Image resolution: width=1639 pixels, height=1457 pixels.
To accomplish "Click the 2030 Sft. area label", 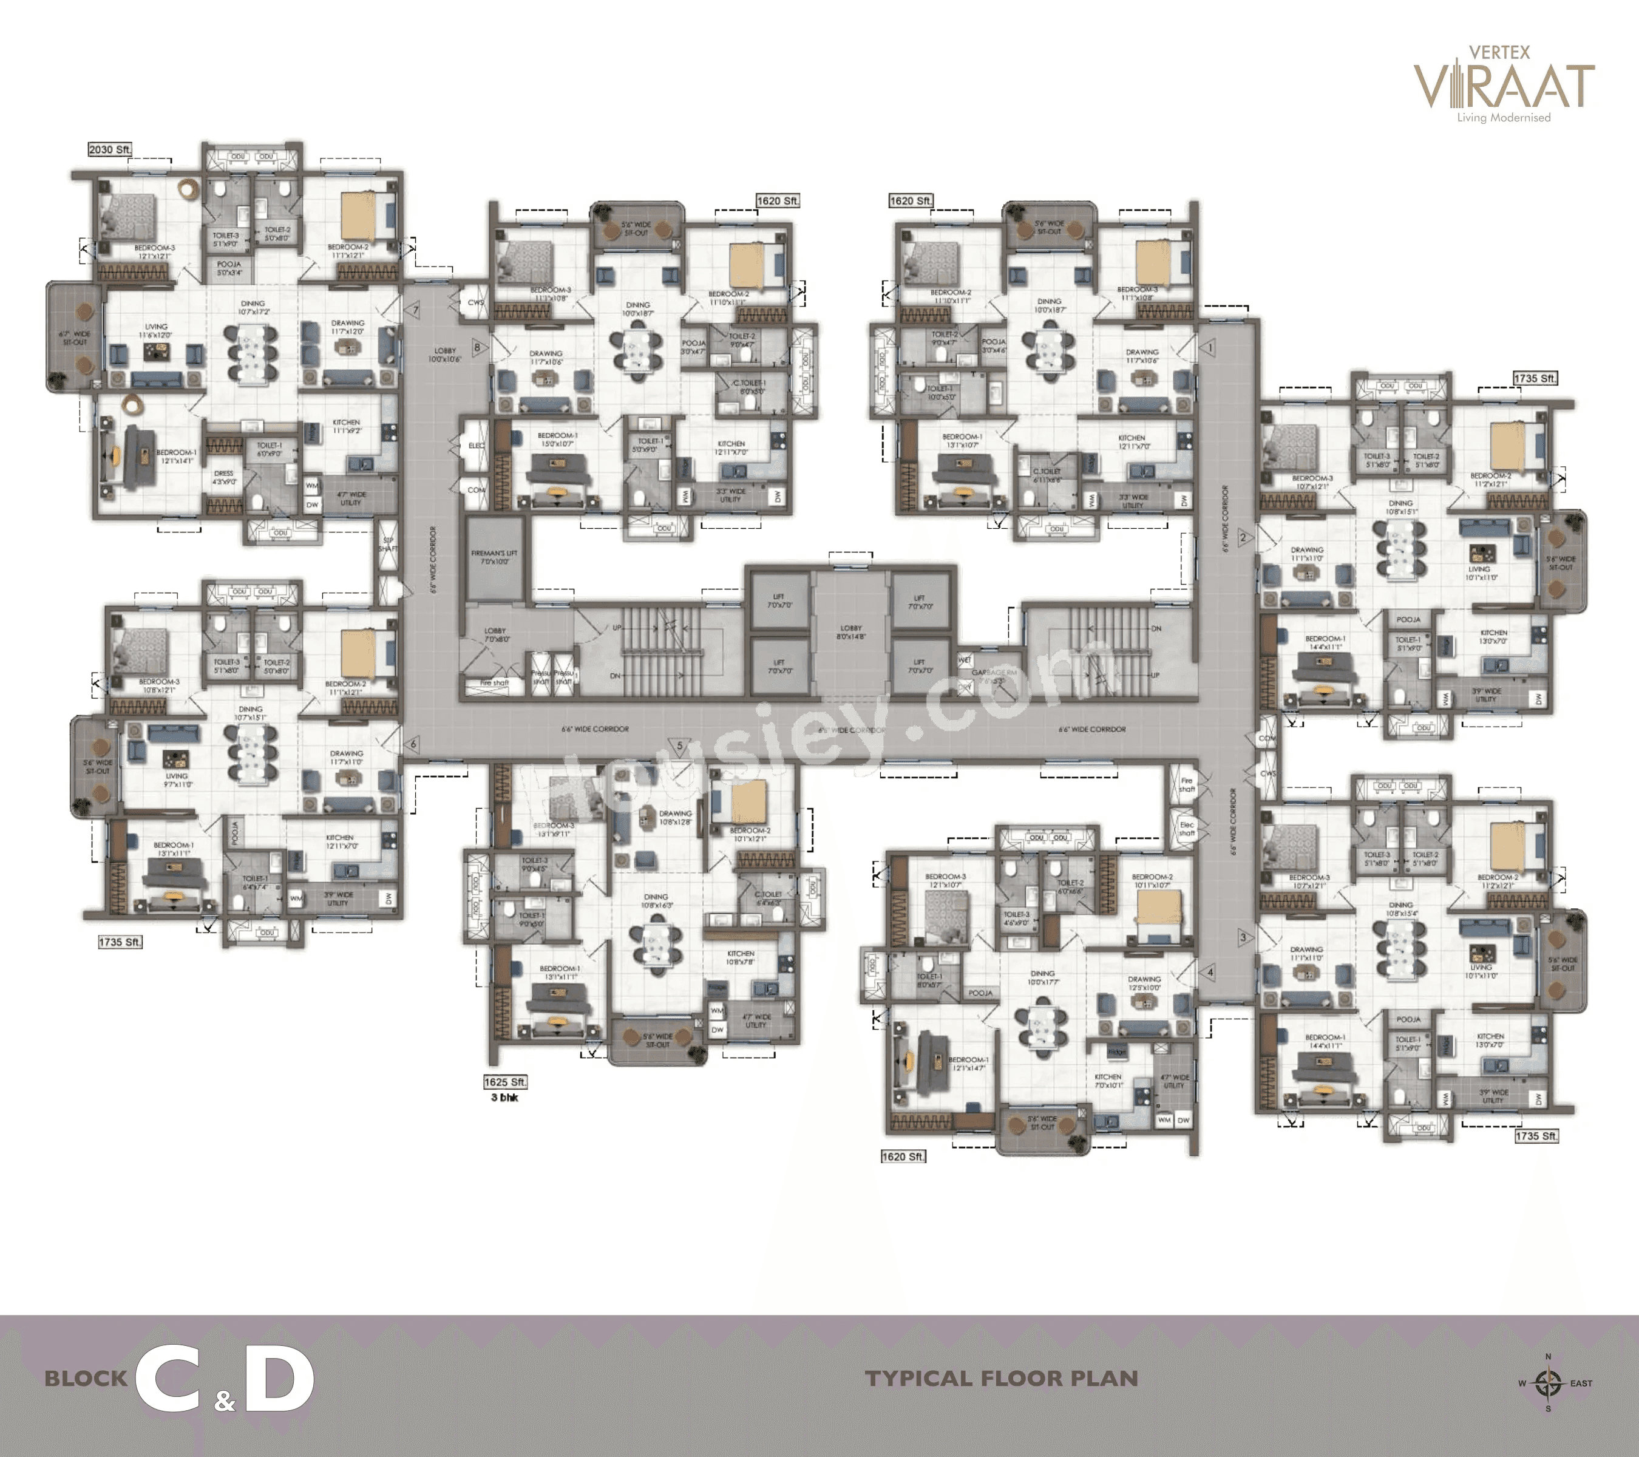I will click(110, 150).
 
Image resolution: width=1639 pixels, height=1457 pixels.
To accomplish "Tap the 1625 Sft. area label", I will click(505, 1082).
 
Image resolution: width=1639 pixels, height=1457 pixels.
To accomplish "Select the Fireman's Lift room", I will click(495, 558).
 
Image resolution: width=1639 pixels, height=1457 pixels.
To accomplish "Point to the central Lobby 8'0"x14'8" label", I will click(851, 632).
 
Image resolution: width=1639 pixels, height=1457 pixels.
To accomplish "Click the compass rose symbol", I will click(1547, 1382).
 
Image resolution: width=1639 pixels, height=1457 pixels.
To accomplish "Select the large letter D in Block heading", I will click(278, 1379).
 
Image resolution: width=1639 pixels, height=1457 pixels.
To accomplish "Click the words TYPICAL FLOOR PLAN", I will click(1002, 1379).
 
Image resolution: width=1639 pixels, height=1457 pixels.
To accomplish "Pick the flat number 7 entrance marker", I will click(415, 310).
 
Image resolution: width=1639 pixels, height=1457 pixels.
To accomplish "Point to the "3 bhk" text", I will click(504, 1098).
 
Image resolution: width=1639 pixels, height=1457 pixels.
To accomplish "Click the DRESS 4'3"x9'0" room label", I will click(224, 477).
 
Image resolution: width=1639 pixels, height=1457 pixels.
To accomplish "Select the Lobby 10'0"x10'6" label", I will click(445, 355).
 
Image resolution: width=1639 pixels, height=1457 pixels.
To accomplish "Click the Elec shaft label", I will click(1187, 828).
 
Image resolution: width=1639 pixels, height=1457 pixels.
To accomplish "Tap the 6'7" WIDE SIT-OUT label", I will click(75, 338).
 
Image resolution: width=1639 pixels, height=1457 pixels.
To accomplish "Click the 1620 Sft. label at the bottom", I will click(903, 1156).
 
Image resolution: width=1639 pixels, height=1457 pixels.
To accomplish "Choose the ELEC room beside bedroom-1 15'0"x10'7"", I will click(477, 445).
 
